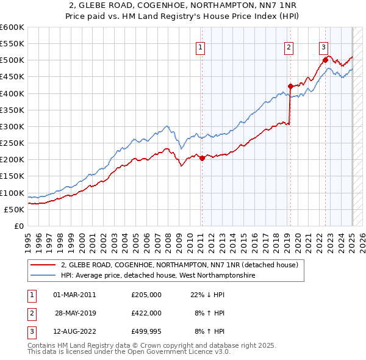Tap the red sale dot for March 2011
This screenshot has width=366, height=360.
click(202, 158)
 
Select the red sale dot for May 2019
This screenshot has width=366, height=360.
click(290, 86)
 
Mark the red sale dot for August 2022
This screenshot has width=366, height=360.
click(325, 60)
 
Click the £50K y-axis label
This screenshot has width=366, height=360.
click(15, 209)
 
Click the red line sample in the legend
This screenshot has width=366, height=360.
click(43, 265)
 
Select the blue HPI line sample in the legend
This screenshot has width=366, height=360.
click(43, 276)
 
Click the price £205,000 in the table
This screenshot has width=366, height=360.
click(146, 294)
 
